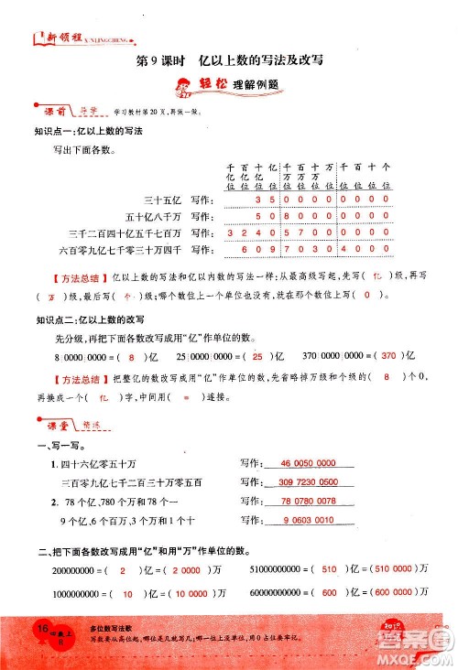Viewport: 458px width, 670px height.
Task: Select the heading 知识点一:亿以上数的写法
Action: pos(88,131)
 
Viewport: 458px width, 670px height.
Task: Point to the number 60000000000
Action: pos(275,592)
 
